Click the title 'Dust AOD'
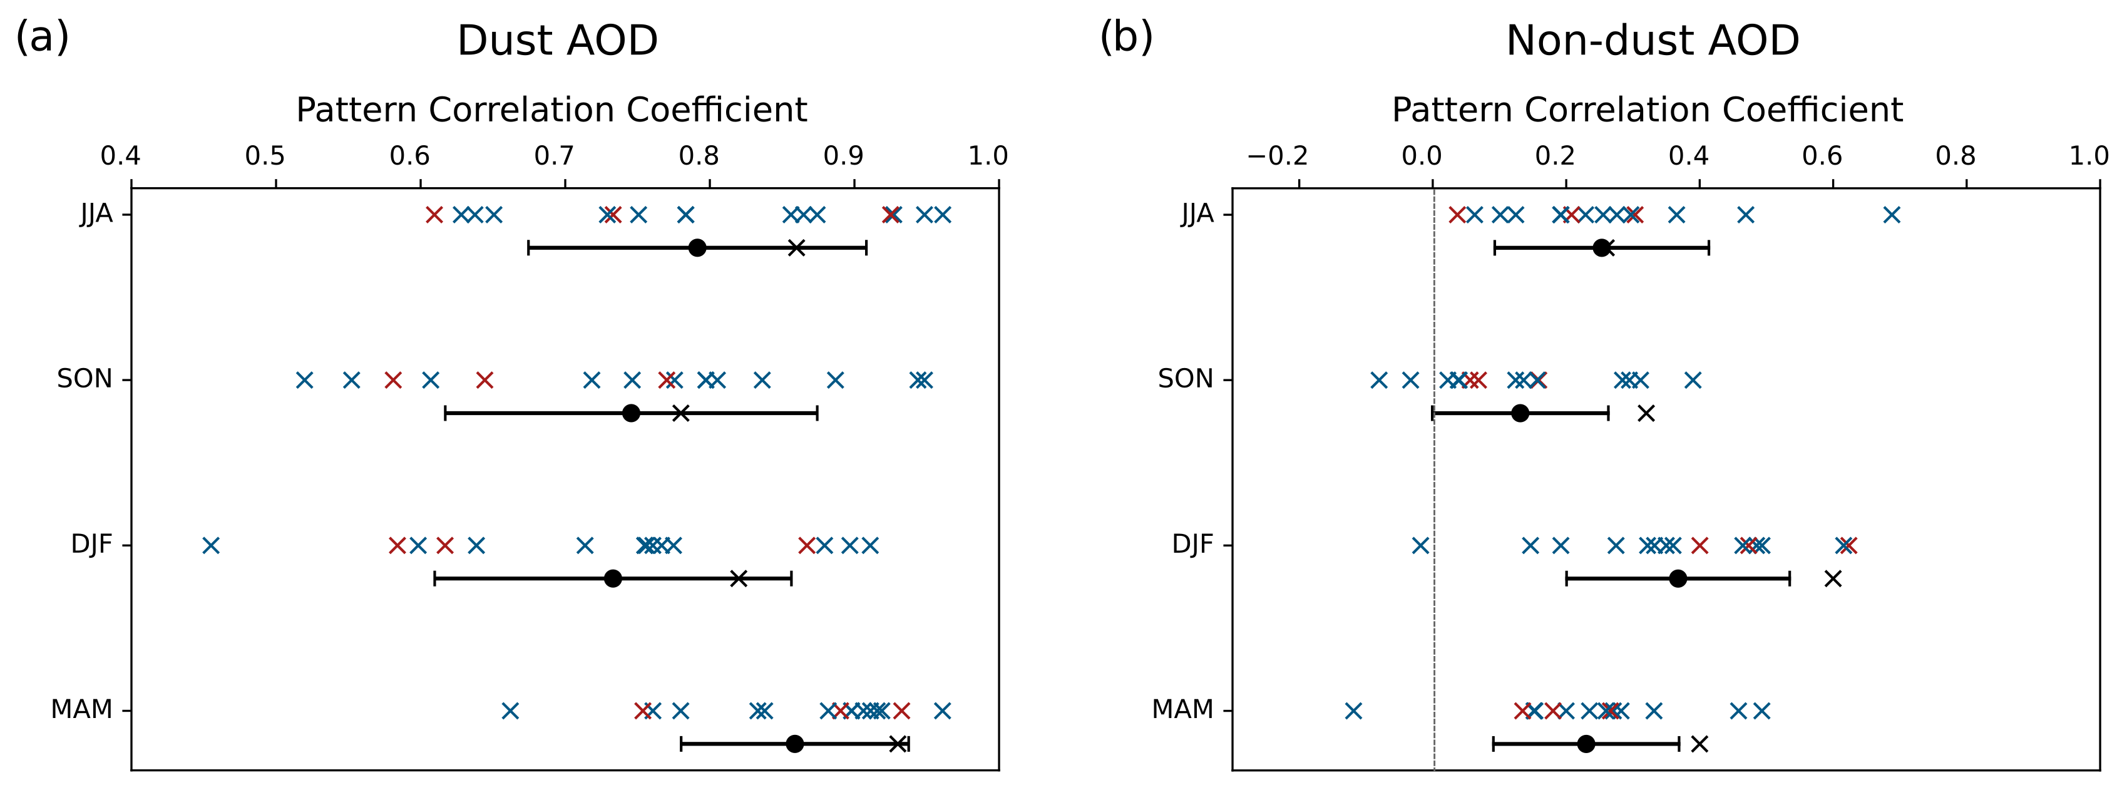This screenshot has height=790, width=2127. [x=557, y=41]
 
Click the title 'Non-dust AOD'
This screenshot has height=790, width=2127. [x=1653, y=41]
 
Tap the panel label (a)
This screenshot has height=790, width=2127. [x=42, y=37]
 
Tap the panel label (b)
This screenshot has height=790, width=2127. [x=1125, y=37]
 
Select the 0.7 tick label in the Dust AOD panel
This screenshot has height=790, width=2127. [x=554, y=156]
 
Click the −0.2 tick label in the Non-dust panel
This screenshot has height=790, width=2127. [x=1278, y=156]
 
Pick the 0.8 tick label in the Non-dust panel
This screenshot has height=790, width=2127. [x=1956, y=156]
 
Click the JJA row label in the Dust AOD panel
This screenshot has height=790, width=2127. [x=96, y=215]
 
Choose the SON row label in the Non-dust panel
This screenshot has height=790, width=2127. [x=1185, y=380]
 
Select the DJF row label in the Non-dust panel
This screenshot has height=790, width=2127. [x=1192, y=545]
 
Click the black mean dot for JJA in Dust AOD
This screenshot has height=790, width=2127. [x=697, y=248]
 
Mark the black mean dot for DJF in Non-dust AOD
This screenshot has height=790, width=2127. [x=1678, y=578]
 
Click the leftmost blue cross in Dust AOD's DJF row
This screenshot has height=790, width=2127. [x=212, y=545]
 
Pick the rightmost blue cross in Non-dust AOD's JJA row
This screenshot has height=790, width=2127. [x=1892, y=215]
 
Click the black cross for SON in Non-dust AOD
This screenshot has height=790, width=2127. [x=1646, y=413]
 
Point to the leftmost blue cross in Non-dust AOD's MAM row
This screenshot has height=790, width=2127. [x=1353, y=710]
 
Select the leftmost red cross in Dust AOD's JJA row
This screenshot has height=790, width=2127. [x=434, y=215]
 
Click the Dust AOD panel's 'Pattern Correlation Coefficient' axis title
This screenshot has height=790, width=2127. [x=551, y=110]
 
